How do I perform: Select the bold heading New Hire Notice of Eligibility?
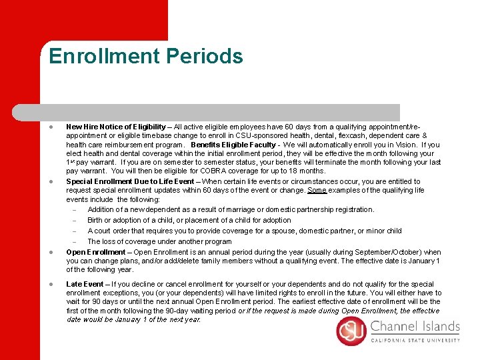tap(116, 127)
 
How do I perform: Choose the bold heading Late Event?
tap(85, 284)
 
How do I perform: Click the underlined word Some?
tap(317, 190)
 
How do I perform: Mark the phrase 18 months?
tap(307, 171)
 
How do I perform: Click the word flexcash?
tap(356, 135)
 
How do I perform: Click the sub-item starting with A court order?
tap(244, 231)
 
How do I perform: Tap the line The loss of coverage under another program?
tap(159, 241)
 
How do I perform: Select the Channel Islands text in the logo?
tap(415, 327)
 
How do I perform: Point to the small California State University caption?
tap(415, 339)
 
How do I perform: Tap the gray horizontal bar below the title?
tap(220, 112)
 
